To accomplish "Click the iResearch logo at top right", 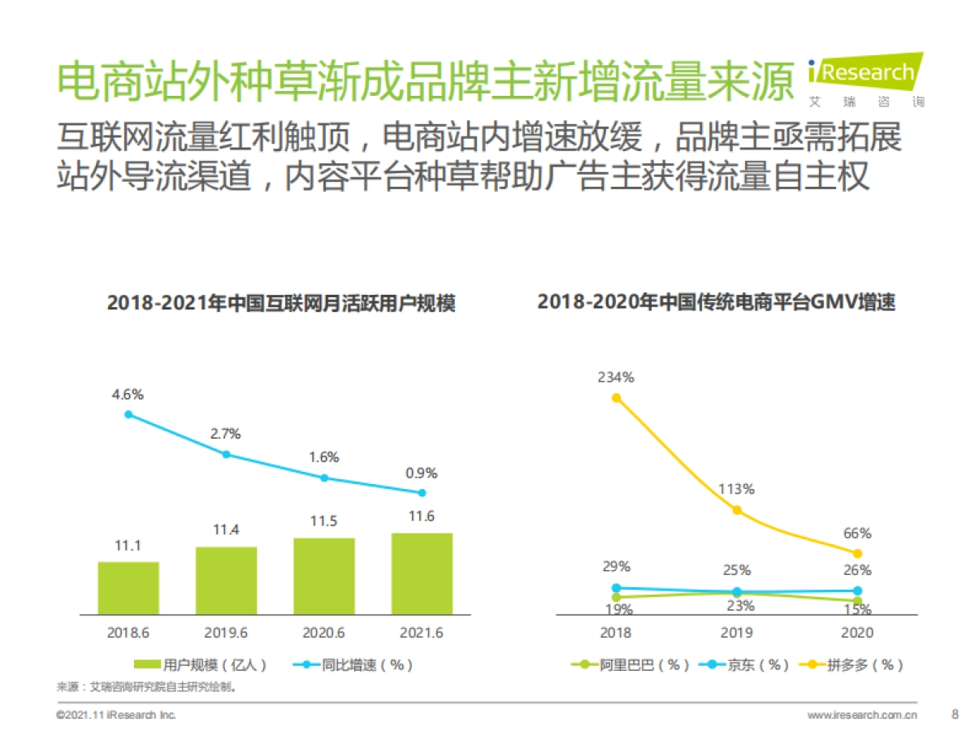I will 866,80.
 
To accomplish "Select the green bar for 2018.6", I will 128,587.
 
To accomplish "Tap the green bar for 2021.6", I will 422,573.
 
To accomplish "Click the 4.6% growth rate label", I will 128,395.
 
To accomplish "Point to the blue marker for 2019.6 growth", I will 227,455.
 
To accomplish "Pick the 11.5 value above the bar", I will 323,521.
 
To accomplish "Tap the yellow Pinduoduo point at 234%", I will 617,398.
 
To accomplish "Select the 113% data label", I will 736,489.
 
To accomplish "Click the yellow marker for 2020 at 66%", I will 857,553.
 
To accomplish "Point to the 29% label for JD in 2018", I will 617,567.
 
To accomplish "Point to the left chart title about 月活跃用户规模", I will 281,304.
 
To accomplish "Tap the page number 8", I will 955,715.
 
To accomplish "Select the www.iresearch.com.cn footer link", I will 861,716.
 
